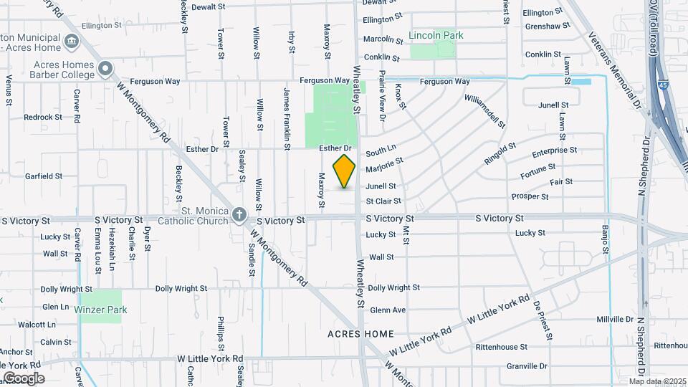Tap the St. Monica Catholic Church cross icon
(x=239, y=215)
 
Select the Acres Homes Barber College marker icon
(x=105, y=69)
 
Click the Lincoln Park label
(x=436, y=35)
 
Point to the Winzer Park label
(x=100, y=310)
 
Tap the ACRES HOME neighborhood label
(x=360, y=334)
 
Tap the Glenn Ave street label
(x=388, y=310)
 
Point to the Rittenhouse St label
(x=502, y=347)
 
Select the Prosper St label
(x=530, y=196)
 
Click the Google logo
(x=24, y=378)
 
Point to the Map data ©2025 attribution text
(x=657, y=381)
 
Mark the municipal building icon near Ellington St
(x=72, y=40)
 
